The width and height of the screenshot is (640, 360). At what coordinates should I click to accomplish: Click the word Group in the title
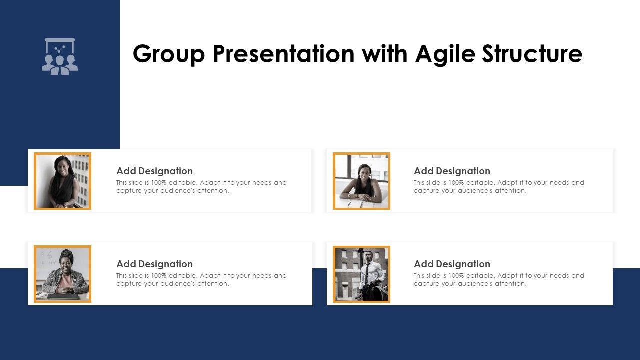click(169, 54)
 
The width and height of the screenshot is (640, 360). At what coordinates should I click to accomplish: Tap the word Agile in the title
click(445, 53)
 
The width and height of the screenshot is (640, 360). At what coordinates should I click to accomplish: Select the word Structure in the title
click(532, 53)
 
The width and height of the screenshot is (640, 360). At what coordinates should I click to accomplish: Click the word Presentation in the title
click(284, 53)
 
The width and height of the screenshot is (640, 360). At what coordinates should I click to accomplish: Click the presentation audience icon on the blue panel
click(60, 56)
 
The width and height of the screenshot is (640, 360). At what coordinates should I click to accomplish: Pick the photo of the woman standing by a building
click(63, 181)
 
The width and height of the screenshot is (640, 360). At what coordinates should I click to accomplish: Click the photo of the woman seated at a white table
click(361, 181)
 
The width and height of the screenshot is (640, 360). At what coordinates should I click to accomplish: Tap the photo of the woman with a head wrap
click(63, 274)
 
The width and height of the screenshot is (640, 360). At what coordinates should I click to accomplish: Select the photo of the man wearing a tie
click(361, 274)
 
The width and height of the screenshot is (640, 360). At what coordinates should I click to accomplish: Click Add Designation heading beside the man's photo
click(452, 264)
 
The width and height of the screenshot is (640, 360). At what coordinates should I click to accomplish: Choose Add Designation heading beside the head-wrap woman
click(154, 264)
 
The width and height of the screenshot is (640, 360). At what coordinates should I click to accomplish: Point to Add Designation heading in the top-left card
click(154, 171)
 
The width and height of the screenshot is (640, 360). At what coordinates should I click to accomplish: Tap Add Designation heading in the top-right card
click(452, 171)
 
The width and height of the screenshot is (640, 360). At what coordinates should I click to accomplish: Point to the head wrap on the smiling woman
click(66, 254)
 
